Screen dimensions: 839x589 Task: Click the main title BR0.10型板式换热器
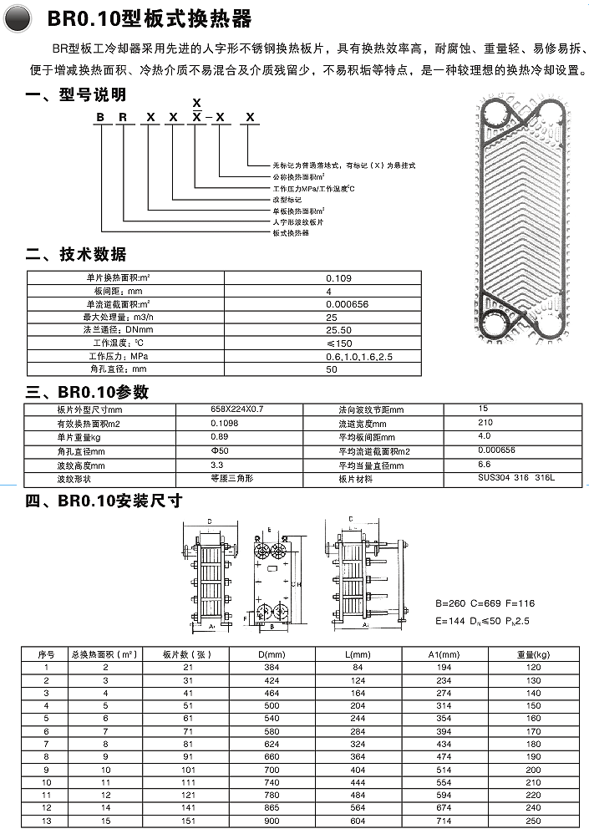(149, 18)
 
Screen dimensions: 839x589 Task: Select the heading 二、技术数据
(77, 253)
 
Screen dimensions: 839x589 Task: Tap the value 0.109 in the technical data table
(338, 277)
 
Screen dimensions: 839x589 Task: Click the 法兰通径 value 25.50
(338, 330)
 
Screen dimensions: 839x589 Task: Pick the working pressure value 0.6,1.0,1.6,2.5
(358, 356)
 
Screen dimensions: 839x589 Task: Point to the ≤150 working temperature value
(338, 343)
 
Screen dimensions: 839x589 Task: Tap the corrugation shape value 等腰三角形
(231, 479)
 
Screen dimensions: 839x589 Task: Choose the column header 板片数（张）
(189, 653)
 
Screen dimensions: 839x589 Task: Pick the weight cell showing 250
(534, 821)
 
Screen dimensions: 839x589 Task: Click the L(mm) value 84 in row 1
(358, 667)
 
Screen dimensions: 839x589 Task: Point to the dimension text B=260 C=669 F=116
(485, 603)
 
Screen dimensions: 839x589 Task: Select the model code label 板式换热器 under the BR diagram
(289, 233)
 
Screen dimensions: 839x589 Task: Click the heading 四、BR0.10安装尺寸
(104, 501)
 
